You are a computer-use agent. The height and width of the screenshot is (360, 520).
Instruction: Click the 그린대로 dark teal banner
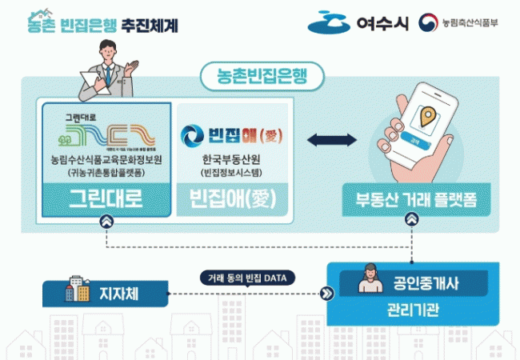[106, 198]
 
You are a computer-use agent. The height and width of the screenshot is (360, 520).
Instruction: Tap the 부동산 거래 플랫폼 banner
[410, 199]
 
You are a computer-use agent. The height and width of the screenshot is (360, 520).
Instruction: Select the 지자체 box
[106, 294]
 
